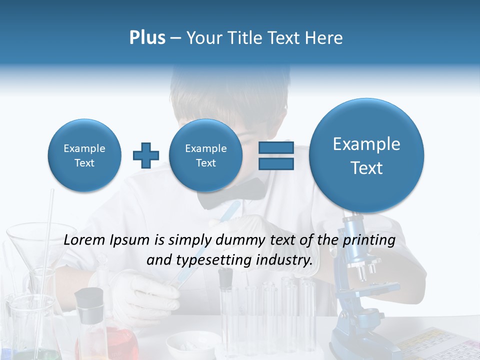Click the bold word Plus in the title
coord(147,38)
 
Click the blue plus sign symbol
coord(146,155)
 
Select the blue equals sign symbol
coord(276,155)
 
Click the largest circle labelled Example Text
coord(366,155)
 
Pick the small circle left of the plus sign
coord(84,155)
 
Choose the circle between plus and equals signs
coord(205,155)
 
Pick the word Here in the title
coord(324,38)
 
